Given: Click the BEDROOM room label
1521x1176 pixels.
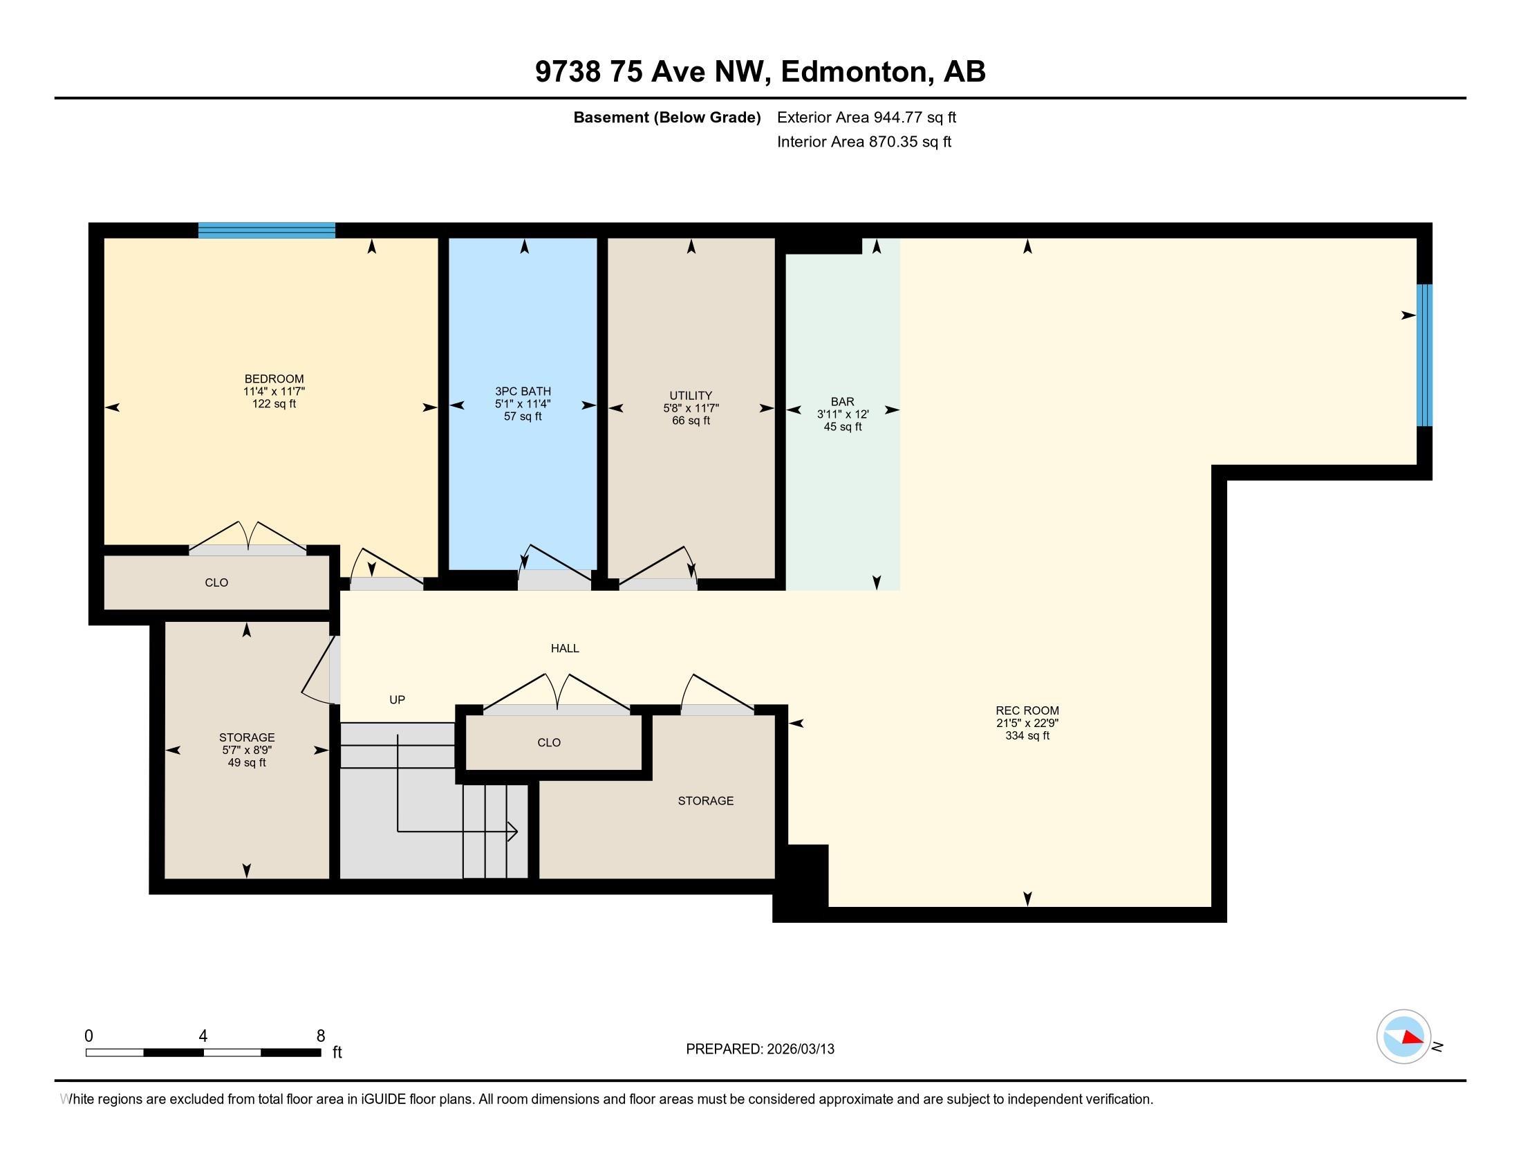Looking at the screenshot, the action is click(x=274, y=379).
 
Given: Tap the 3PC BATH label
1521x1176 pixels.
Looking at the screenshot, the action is click(x=523, y=392).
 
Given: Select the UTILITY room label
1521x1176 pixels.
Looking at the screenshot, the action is click(x=691, y=396).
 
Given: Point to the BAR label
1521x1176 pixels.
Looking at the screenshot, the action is click(x=843, y=402).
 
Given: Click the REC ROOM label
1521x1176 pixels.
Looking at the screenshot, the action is click(x=1027, y=710).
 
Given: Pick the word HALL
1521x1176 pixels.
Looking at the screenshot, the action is click(x=565, y=649).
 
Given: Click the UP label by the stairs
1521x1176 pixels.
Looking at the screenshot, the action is click(x=397, y=700).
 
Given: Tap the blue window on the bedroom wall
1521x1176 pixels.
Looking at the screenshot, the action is click(x=267, y=230).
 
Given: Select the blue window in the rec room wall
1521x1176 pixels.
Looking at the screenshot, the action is click(x=1425, y=356).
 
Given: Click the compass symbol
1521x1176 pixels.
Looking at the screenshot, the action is click(x=1404, y=1037).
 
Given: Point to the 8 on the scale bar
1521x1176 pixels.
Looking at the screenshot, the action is click(x=321, y=1036).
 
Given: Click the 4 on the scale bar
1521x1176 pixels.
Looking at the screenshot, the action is click(x=203, y=1036).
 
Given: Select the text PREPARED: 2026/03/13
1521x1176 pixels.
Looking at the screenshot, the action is click(x=760, y=1049).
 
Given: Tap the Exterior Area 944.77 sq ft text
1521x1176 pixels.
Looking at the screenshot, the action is click(x=866, y=117).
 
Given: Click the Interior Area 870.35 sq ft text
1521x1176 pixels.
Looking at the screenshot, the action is click(x=864, y=142).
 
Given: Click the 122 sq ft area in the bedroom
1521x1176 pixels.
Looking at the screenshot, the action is click(x=274, y=404).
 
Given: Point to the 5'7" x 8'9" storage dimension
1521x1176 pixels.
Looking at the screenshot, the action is click(x=247, y=751).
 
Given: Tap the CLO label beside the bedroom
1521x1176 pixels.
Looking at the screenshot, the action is click(x=216, y=583).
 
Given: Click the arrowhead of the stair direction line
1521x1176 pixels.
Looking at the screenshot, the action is click(x=513, y=831).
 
